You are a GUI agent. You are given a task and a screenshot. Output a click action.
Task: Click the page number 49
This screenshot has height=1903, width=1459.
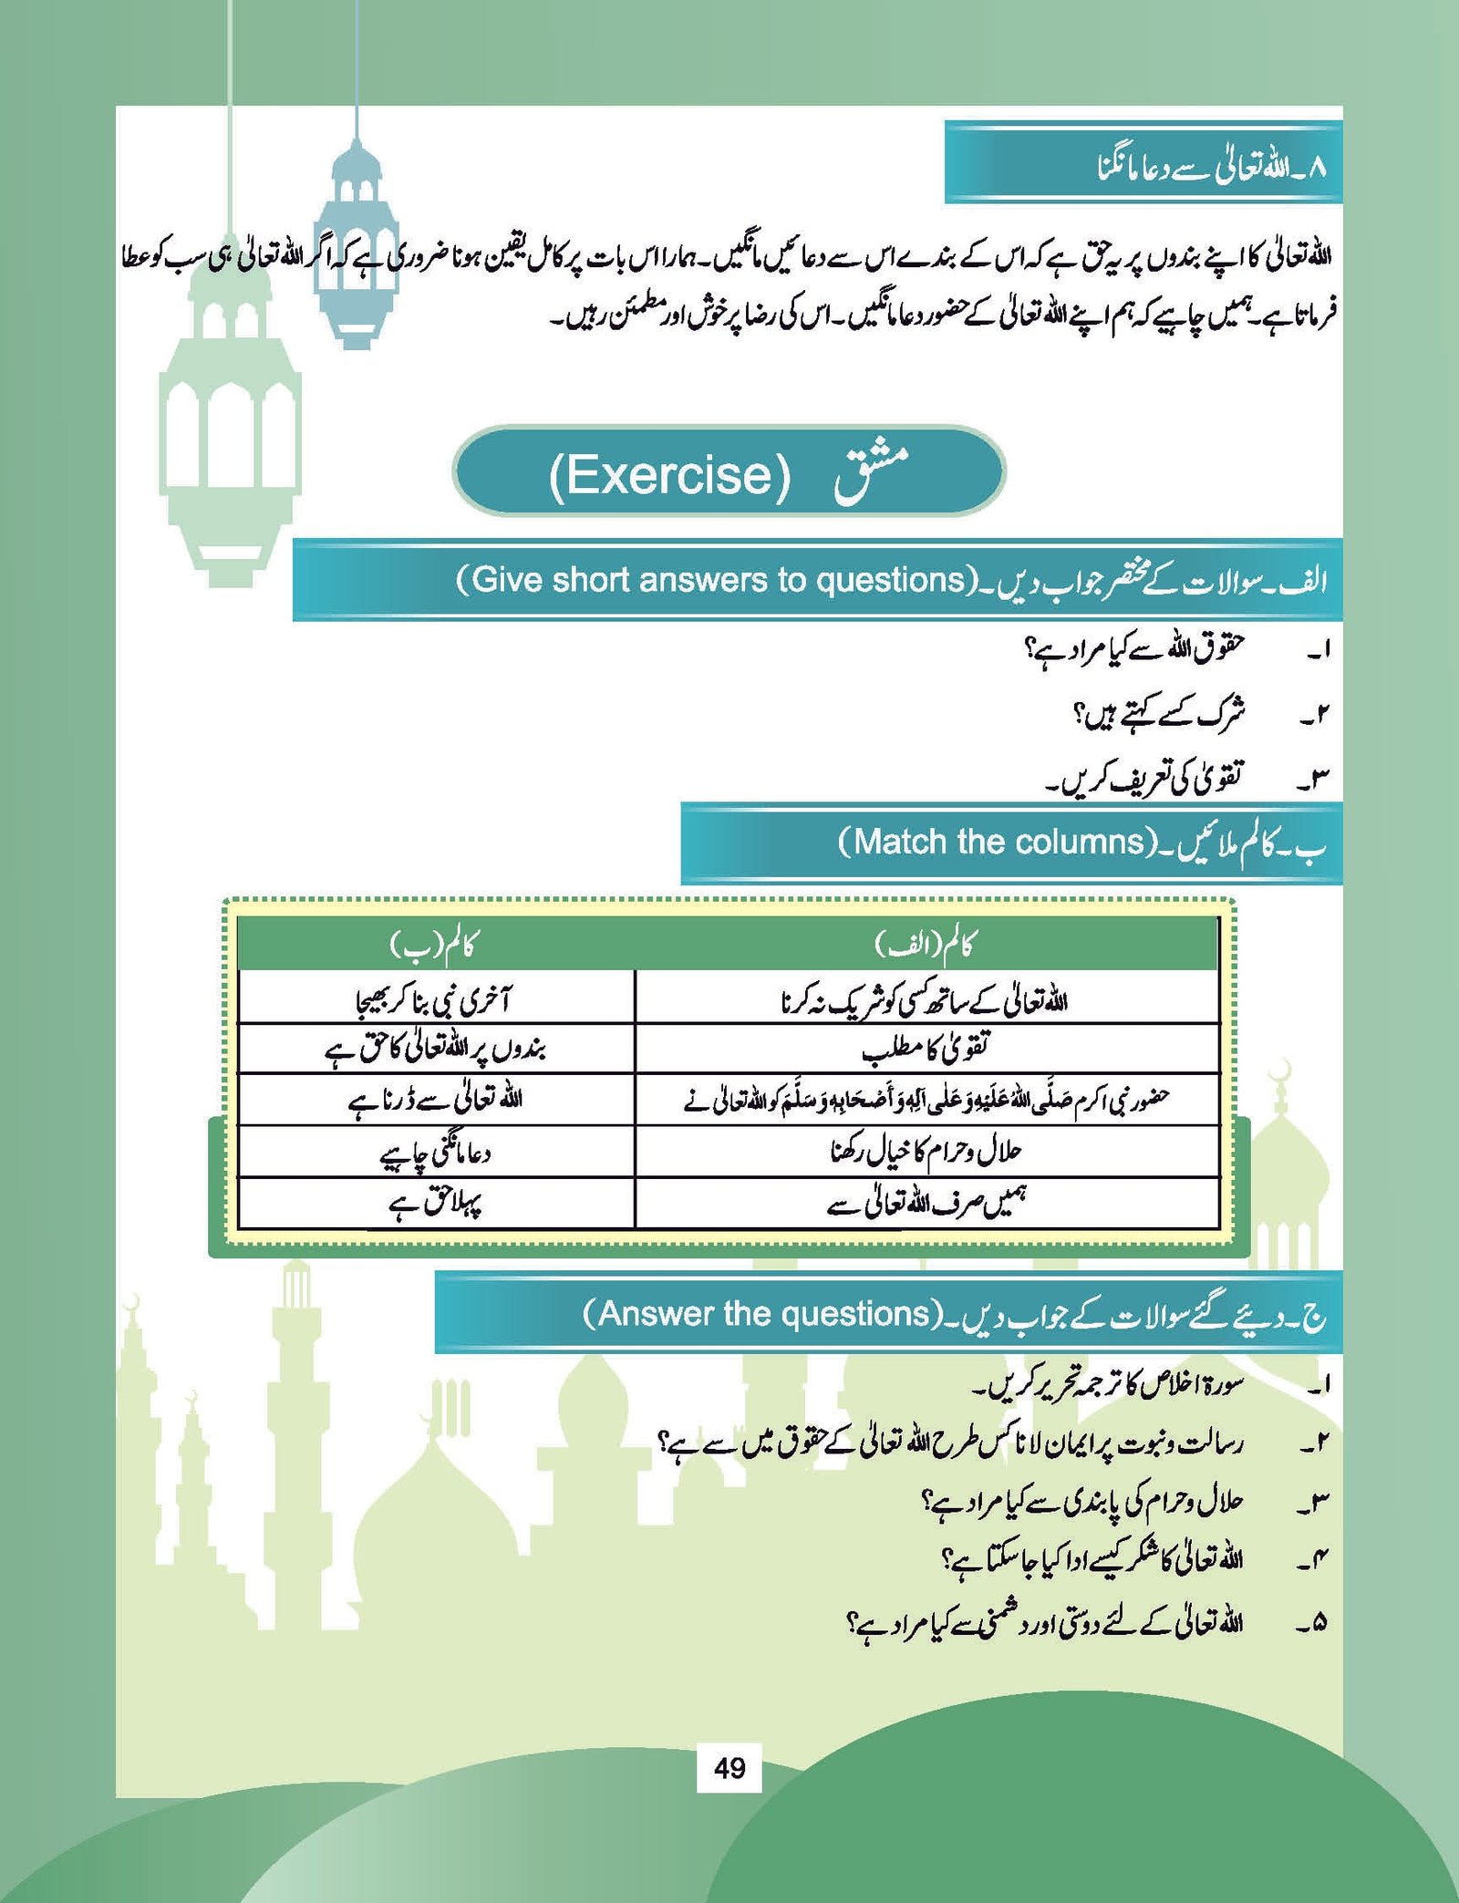coord(729,1768)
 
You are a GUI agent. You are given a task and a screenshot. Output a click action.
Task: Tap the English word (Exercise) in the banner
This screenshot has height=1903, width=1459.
coord(670,474)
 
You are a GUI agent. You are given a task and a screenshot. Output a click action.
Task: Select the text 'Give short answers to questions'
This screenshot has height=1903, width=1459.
coord(717,580)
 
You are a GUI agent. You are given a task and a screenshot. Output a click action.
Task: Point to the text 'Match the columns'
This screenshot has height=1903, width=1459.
coord(998,842)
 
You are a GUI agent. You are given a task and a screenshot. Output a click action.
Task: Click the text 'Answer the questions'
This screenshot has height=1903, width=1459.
coord(762,1314)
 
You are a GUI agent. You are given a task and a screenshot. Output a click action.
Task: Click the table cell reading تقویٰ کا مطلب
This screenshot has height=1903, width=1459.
coord(925,1049)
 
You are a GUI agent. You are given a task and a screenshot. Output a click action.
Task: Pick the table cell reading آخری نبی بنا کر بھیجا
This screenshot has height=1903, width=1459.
coord(434,1000)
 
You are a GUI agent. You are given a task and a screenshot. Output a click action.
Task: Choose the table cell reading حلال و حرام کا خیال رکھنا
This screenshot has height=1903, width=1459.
coord(925,1152)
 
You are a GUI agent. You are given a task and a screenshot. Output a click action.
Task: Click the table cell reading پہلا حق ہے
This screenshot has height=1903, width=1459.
coord(434,1205)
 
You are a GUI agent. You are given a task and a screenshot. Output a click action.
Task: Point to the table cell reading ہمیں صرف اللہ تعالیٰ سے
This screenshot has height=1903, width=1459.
coord(925,1205)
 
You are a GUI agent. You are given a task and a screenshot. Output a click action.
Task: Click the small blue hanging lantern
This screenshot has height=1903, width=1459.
coord(356,246)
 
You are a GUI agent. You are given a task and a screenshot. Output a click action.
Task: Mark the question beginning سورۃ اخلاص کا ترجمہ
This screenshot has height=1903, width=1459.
coord(1109,1385)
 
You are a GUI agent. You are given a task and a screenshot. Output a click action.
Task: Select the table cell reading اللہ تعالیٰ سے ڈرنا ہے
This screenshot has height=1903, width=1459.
coord(434,1101)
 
